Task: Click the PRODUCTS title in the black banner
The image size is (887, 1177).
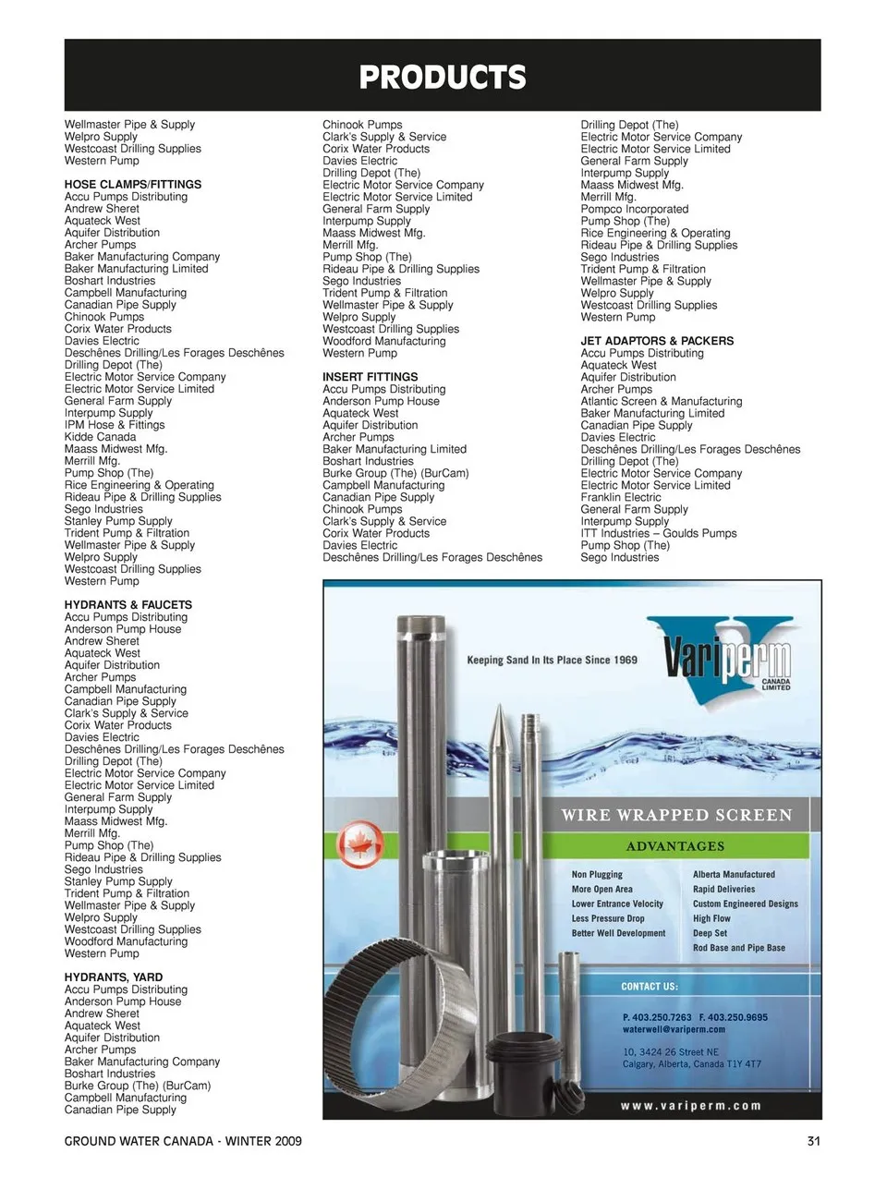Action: click(x=443, y=78)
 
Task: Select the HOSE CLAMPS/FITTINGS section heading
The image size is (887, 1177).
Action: click(x=132, y=185)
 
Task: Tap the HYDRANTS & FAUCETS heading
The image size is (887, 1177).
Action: click(x=128, y=605)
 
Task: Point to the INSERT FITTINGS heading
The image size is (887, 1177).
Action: click(x=370, y=377)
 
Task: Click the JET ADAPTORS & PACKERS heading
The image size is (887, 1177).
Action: click(x=657, y=341)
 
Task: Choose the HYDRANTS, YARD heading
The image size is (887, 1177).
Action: click(x=113, y=977)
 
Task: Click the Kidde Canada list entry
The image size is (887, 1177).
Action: click(x=100, y=437)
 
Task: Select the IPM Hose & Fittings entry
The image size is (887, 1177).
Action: click(x=115, y=425)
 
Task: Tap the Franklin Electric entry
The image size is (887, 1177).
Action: click(x=620, y=497)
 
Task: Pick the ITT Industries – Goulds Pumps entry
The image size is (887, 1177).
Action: click(x=658, y=533)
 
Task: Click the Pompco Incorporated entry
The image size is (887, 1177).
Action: click(x=634, y=209)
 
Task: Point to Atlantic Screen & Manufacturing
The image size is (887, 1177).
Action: click(x=661, y=401)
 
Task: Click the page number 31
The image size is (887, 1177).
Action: click(x=813, y=1141)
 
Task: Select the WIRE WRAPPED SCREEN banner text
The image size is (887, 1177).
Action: click(x=676, y=815)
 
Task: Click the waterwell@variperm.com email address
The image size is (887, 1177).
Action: click(x=674, y=1029)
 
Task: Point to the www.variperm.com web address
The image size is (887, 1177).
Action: click(x=691, y=1105)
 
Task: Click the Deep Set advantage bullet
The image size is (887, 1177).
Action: click(x=710, y=933)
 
